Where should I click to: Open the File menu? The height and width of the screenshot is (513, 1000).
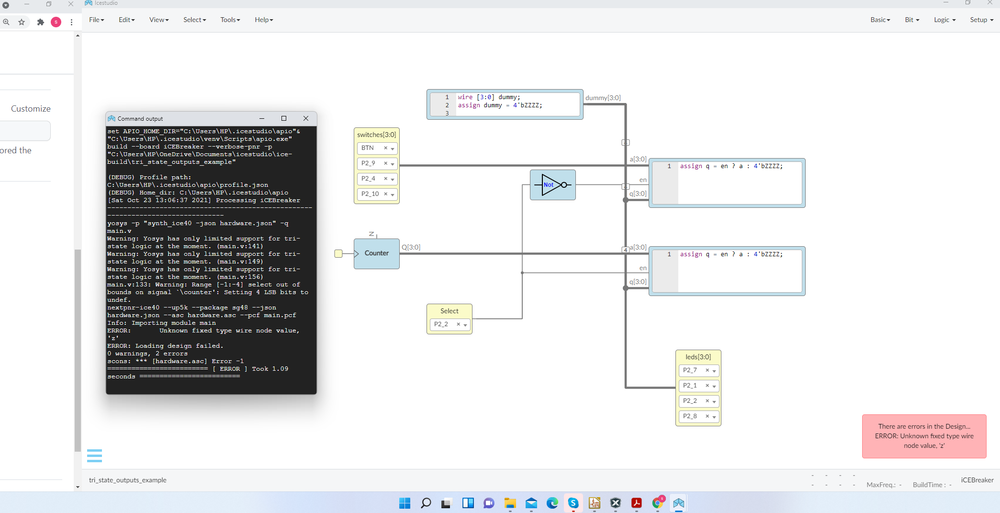click(96, 20)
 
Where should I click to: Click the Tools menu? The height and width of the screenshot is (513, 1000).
click(230, 20)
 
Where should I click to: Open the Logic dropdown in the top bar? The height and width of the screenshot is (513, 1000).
click(944, 20)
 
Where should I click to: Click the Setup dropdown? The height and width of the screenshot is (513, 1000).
click(981, 20)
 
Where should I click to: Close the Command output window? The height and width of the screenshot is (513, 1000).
click(306, 118)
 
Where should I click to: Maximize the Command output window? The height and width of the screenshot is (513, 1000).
click(284, 118)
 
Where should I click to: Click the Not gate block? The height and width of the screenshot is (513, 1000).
click(552, 185)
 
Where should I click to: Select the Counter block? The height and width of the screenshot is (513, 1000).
click(377, 253)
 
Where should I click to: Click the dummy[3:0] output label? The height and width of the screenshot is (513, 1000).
click(603, 98)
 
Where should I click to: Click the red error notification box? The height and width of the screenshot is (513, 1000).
click(924, 436)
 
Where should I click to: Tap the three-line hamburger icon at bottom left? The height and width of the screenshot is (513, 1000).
click(94, 456)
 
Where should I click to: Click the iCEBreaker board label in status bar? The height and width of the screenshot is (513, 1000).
click(977, 480)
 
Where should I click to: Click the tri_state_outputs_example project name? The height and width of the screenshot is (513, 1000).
click(128, 480)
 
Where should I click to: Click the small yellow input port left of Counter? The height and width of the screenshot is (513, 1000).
click(338, 253)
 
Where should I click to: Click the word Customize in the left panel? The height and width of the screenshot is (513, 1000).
click(31, 109)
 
